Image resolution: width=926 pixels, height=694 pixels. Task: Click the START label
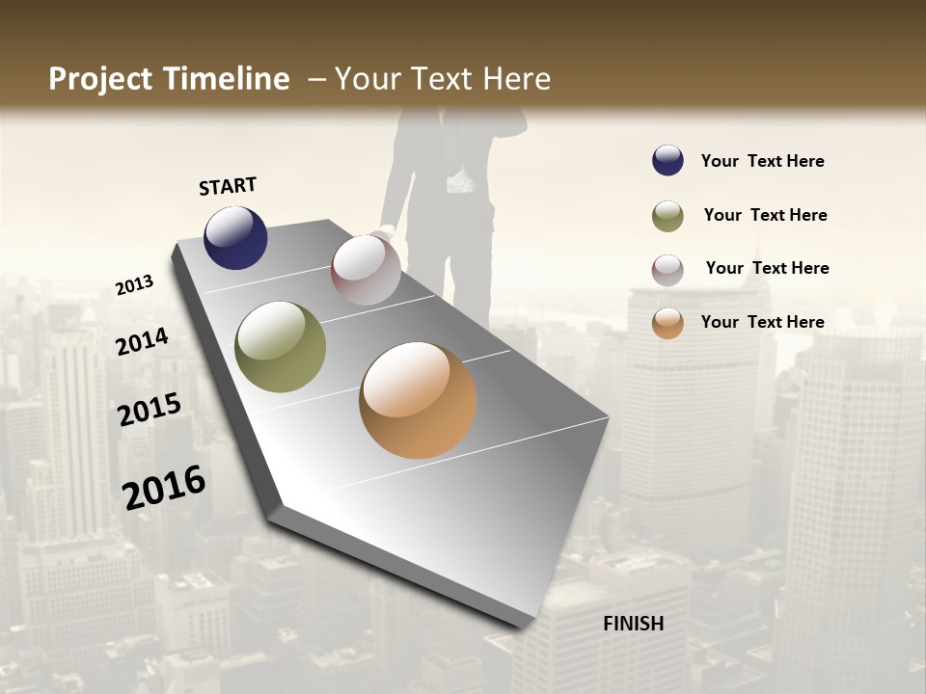tap(228, 186)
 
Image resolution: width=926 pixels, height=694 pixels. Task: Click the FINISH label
tap(633, 624)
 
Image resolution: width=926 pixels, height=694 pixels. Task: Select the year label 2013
tap(134, 285)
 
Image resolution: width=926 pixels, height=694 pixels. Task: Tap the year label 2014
tap(142, 341)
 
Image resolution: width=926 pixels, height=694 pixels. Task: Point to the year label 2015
tap(150, 410)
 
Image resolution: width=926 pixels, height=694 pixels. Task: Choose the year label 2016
tap(164, 488)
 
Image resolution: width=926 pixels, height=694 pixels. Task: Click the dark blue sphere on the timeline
tap(235, 237)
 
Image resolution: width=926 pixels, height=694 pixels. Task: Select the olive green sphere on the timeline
tap(280, 347)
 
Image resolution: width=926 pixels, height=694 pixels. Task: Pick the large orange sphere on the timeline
tap(418, 400)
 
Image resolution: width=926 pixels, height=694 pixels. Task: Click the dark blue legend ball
tap(667, 161)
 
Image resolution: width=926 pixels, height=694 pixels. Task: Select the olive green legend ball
tap(667, 216)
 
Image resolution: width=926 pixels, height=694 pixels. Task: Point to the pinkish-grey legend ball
tap(667, 270)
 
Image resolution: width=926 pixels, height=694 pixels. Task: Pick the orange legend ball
tap(667, 323)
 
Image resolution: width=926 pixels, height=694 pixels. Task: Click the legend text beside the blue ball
tap(762, 161)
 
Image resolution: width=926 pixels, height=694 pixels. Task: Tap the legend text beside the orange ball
tap(762, 322)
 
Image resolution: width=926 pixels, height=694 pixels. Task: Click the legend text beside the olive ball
tap(765, 215)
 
